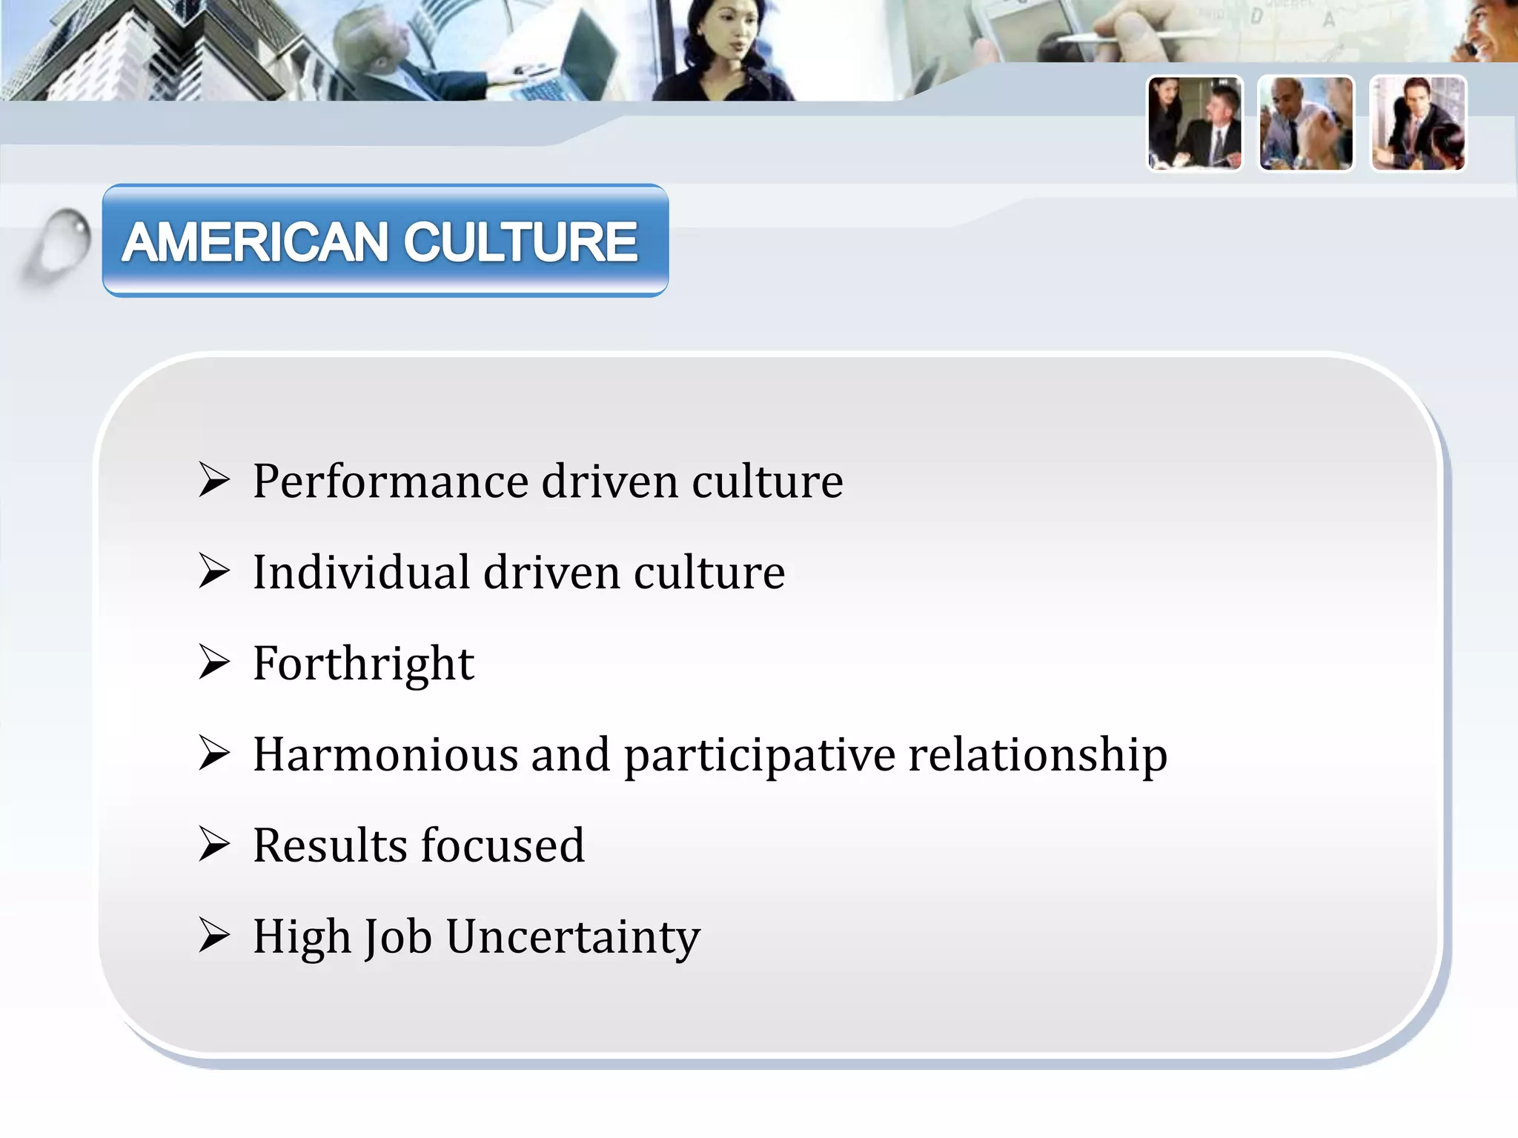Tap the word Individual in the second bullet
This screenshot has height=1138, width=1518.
click(x=361, y=573)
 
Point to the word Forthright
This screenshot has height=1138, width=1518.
click(x=363, y=664)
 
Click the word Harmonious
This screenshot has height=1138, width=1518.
click(x=385, y=755)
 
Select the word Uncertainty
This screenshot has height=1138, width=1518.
click(x=573, y=937)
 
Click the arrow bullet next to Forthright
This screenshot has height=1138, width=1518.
click(x=213, y=662)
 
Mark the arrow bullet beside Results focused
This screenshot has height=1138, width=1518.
click(x=213, y=845)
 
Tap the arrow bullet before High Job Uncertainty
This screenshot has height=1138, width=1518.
click(x=213, y=935)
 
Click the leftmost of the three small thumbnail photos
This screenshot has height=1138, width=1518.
click(x=1195, y=124)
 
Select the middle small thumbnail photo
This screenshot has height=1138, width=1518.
click(x=1306, y=124)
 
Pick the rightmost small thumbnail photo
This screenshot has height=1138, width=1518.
click(x=1418, y=124)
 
